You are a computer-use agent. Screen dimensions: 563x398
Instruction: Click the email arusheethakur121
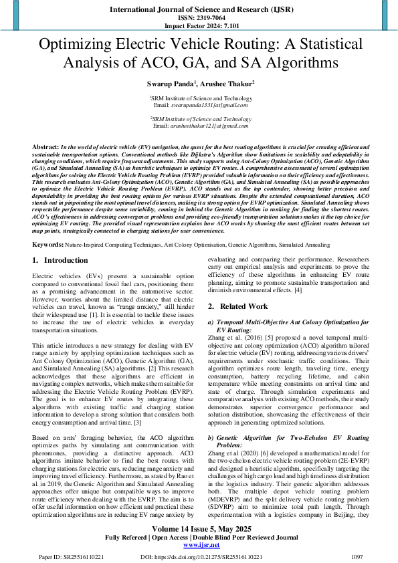199,126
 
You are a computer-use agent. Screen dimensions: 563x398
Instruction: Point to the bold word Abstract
45,146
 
